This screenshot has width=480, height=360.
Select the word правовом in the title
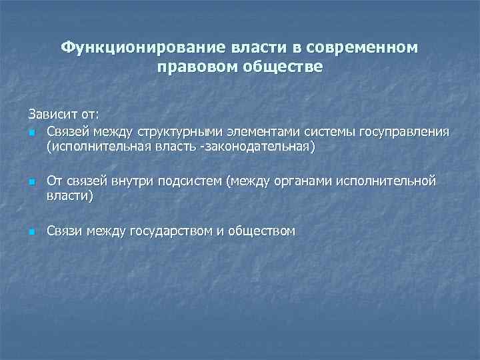tap(194, 68)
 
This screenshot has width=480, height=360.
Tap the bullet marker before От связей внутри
tap(31, 182)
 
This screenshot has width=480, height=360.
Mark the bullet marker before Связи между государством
tap(31, 232)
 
